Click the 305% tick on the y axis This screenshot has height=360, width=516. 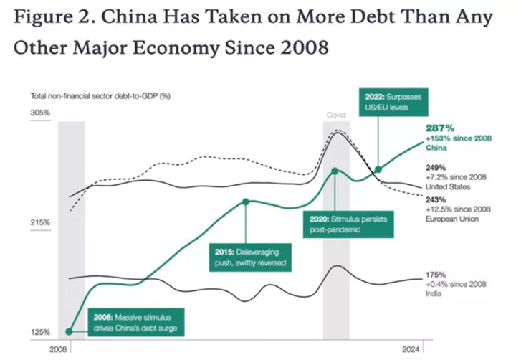tap(39, 113)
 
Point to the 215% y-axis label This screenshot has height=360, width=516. tap(39, 223)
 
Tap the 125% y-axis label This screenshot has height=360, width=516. tap(39, 332)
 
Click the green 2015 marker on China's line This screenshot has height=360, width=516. tap(246, 202)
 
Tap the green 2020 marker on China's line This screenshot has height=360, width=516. tap(335, 171)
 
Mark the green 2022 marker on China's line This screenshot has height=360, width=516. tap(378, 170)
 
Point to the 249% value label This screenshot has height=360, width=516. tap(436, 166)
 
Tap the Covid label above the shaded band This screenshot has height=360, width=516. tap(336, 115)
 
